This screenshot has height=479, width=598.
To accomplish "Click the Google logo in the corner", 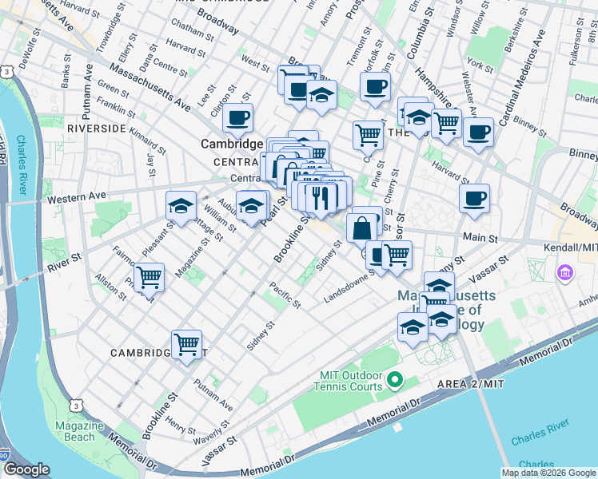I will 26,469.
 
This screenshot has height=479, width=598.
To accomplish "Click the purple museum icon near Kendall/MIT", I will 565,274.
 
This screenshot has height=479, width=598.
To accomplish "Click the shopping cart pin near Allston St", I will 149,278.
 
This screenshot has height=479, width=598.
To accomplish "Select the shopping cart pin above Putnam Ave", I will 186,345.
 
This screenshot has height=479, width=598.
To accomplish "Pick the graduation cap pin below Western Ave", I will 181,206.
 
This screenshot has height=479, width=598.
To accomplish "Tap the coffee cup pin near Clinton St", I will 237,119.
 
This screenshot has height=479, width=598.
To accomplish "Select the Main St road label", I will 480,238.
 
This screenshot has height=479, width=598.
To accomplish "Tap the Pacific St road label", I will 285,295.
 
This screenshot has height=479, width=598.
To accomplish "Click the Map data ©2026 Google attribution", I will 548,473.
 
